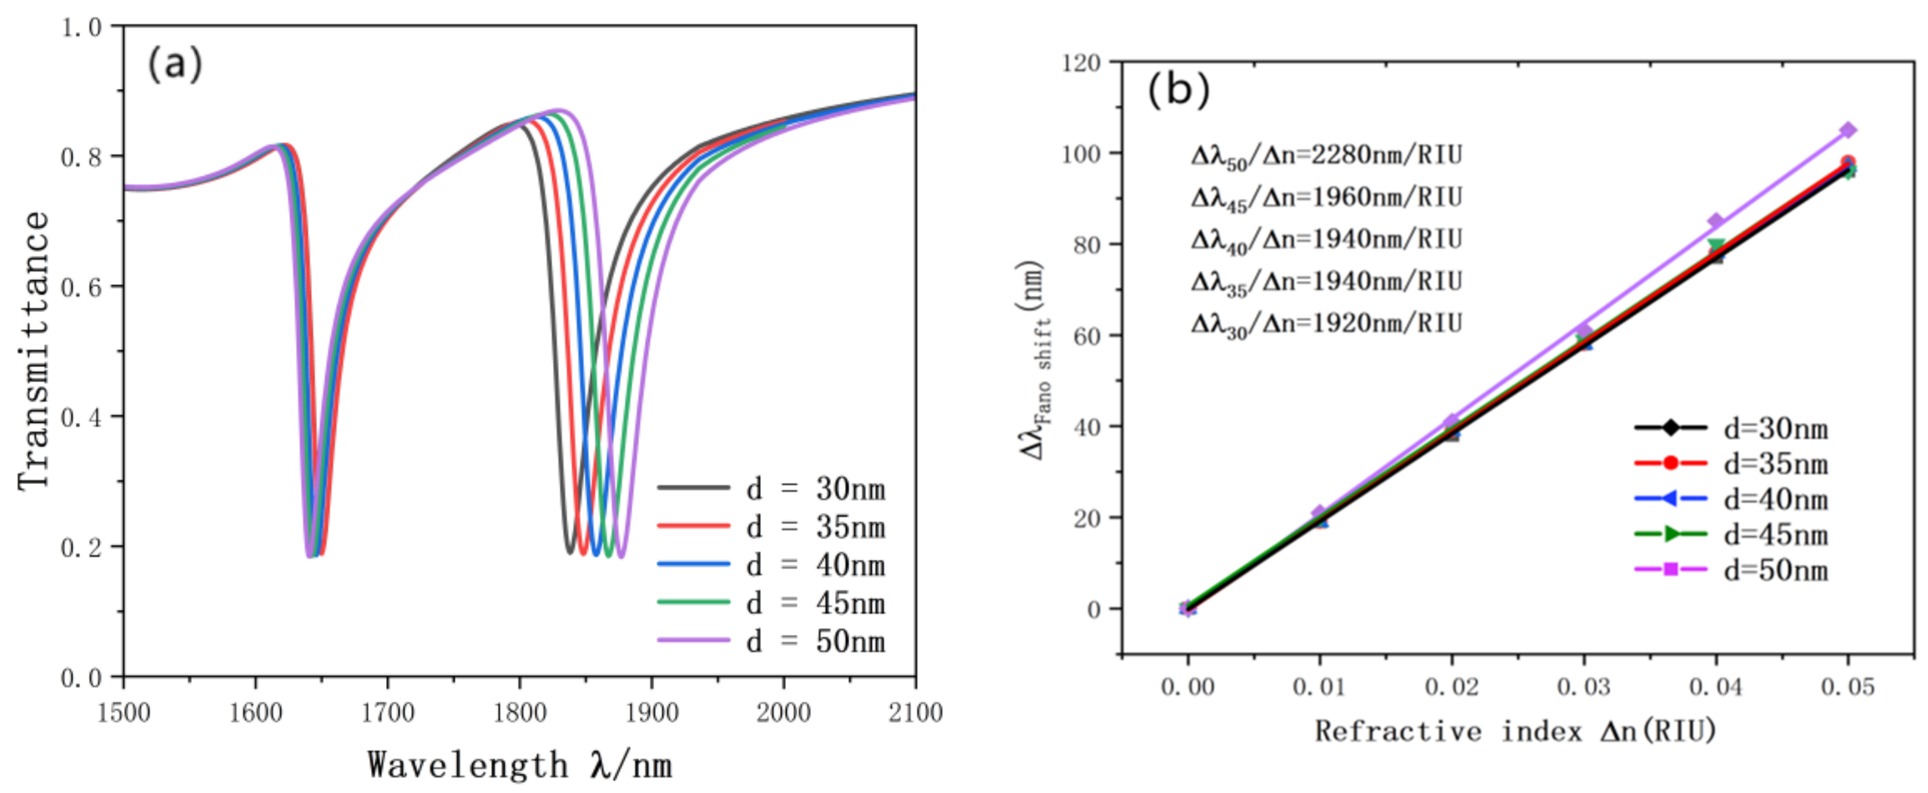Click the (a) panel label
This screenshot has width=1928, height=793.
pos(174,64)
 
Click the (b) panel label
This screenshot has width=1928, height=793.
pos(1178,90)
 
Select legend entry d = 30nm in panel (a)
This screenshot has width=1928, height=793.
pos(771,489)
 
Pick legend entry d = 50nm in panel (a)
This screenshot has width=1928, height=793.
pos(771,642)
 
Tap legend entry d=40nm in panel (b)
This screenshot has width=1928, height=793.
pos(1730,499)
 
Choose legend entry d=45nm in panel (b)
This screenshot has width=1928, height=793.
pos(1730,535)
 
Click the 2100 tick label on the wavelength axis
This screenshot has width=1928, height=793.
pos(914,712)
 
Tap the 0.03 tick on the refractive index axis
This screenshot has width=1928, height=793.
pos(1584,687)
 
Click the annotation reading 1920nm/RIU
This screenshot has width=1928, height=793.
pos(1326,324)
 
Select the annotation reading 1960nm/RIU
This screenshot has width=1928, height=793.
pos(1326,198)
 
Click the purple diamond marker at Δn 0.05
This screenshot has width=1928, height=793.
pos(1848,130)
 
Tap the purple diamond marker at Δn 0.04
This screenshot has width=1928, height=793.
pos(1716,221)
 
